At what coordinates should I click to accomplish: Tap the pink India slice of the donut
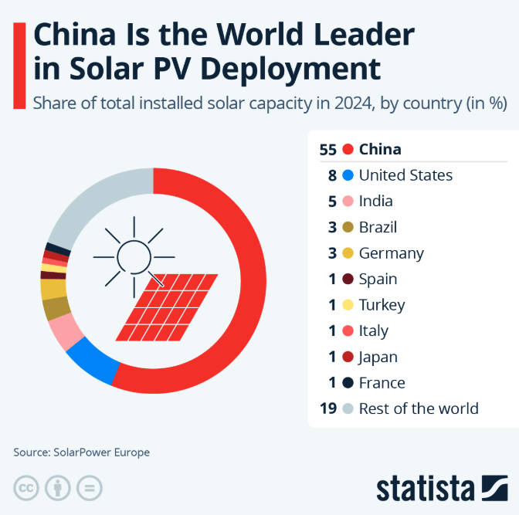click(x=64, y=333)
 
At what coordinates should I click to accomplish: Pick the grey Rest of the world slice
click(x=89, y=202)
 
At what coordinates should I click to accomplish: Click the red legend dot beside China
click(x=348, y=149)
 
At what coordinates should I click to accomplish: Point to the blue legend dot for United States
click(x=348, y=175)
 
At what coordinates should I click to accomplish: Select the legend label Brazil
click(x=378, y=227)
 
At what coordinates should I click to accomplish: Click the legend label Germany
click(x=392, y=253)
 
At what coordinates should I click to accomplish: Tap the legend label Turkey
click(x=382, y=305)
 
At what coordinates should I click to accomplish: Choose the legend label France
click(x=382, y=383)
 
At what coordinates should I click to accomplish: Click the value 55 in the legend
click(x=327, y=149)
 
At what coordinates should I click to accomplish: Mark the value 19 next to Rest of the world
click(x=327, y=408)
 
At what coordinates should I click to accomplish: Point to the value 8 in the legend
click(x=332, y=175)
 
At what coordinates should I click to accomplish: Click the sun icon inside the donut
click(x=134, y=255)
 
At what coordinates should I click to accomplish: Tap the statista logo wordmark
click(x=424, y=488)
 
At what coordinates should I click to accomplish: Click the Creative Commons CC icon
click(x=27, y=488)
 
